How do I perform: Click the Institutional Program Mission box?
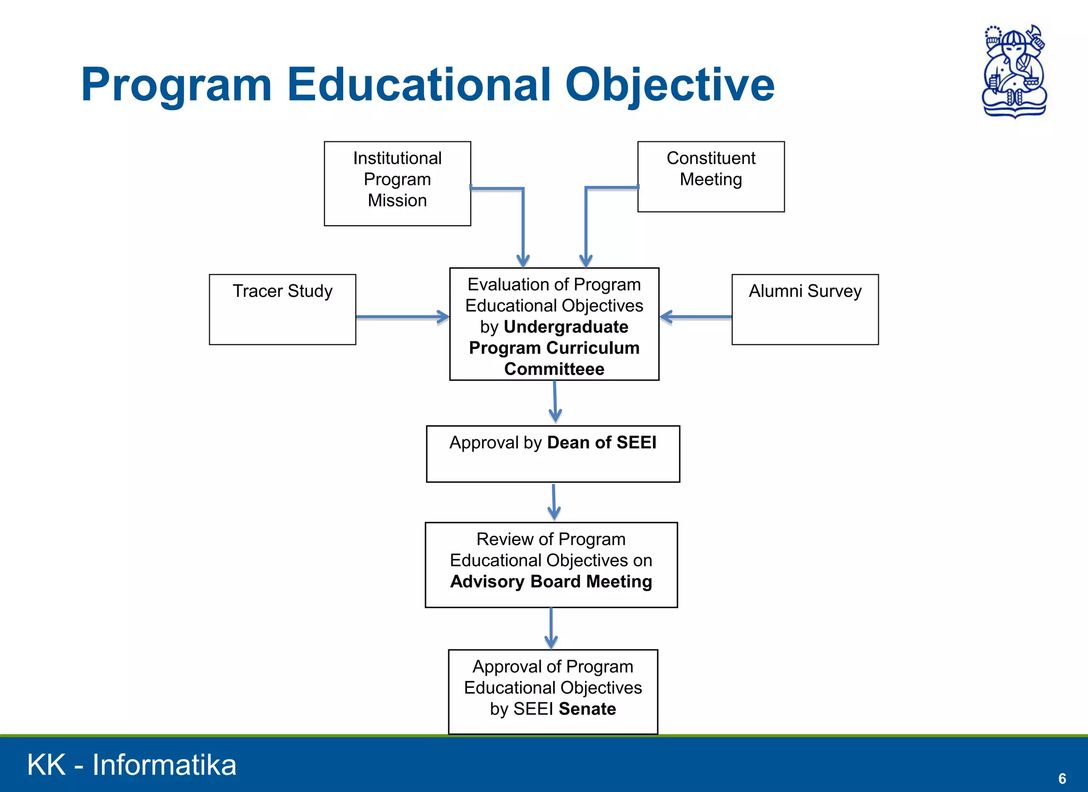(x=397, y=183)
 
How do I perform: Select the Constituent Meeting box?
(x=711, y=176)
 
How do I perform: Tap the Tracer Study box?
(x=283, y=309)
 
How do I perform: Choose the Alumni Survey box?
(x=805, y=309)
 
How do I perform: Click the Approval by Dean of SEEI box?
(x=553, y=454)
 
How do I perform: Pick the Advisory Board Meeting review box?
(x=551, y=564)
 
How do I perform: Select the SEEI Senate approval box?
(x=553, y=691)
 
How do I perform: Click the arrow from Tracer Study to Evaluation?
(x=402, y=317)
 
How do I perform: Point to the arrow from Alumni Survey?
(x=696, y=317)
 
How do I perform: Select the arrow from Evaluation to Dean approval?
(x=555, y=402)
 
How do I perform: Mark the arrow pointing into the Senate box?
(x=551, y=628)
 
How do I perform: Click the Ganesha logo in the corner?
(x=1014, y=72)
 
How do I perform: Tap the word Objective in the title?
(x=669, y=85)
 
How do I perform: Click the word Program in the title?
(x=176, y=85)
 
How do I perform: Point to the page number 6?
(x=1062, y=778)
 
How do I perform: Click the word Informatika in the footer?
(x=164, y=765)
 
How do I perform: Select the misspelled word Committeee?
(x=554, y=369)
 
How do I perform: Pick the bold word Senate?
(x=587, y=709)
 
